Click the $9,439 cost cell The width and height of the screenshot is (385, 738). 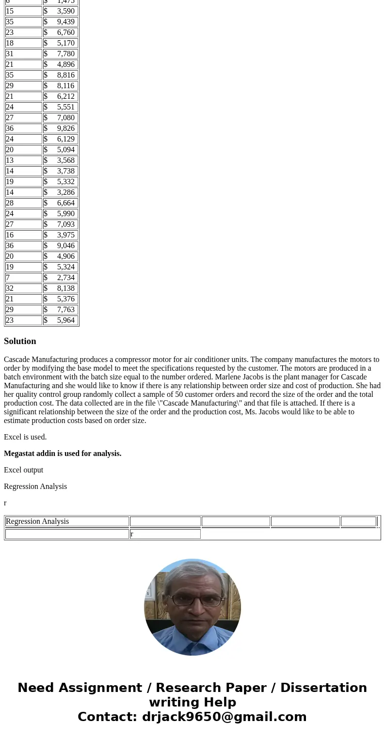click(61, 22)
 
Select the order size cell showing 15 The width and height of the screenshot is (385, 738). click(24, 11)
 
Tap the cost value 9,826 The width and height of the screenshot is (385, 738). click(61, 128)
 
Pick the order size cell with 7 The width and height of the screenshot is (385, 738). click(24, 278)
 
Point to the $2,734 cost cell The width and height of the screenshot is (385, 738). click(61, 278)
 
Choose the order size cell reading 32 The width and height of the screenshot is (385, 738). click(24, 288)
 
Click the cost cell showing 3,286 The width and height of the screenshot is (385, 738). click(61, 192)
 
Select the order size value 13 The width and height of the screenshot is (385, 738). click(24, 160)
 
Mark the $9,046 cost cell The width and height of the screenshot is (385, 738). click(61, 246)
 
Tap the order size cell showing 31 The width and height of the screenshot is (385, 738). click(24, 54)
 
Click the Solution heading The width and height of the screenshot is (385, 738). click(20, 341)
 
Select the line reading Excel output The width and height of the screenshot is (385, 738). click(23, 470)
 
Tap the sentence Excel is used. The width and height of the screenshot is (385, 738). click(25, 437)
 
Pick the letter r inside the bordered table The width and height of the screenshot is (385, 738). click(132, 534)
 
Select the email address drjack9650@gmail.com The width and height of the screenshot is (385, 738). click(224, 717)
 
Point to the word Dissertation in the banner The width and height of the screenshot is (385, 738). click(323, 688)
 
